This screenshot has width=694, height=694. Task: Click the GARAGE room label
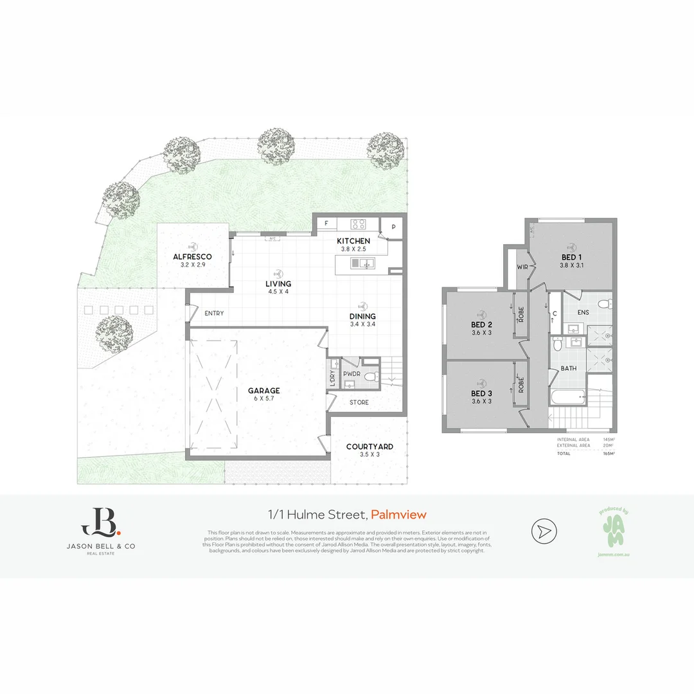264,390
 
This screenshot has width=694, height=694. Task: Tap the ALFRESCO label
192,256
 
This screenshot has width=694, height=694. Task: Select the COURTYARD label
369,447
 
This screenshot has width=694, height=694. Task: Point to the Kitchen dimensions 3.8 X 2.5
353,249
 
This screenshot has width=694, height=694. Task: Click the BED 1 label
571,256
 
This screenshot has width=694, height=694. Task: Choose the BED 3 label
481,393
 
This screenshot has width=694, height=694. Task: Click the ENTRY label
214,314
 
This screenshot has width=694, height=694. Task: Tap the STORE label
359,403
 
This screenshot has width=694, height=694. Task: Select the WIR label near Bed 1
522,267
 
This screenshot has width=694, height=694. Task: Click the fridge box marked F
326,224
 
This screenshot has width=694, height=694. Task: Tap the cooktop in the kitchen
358,224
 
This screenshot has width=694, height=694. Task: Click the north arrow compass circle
544,531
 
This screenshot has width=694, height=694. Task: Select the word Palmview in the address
398,514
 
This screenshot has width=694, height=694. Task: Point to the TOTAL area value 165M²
609,453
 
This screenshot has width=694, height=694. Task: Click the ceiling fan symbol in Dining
363,306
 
